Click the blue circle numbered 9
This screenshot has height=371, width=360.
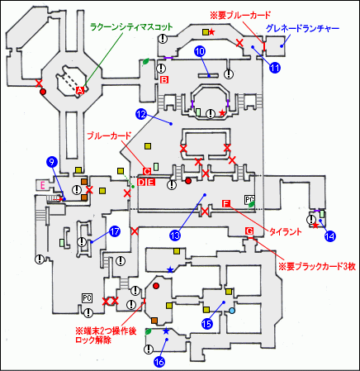coord(51,161)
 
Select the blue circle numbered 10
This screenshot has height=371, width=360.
coord(200,52)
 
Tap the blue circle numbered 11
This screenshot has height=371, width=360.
coord(275,68)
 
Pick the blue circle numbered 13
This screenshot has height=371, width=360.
coord(175,235)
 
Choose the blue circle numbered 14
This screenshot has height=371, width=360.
coord(330,235)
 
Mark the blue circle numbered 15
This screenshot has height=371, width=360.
coord(208,325)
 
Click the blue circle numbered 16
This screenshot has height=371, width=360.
coord(160,360)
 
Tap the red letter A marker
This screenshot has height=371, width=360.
coord(80,89)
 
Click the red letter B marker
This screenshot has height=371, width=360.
coord(164,80)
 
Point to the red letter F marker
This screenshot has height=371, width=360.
coord(225,204)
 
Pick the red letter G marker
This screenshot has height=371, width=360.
coord(249,229)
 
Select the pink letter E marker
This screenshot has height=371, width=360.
coord(41,184)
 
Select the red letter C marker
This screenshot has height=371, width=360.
coord(147,171)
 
